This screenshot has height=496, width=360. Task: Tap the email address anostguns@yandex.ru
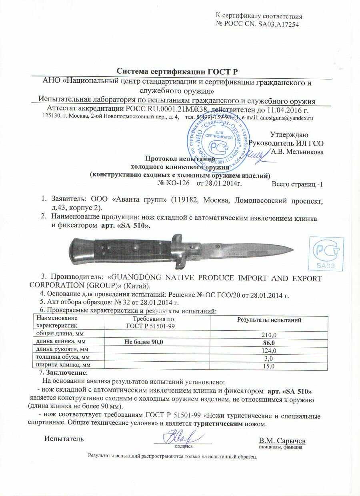pyautogui.click(x=286, y=118)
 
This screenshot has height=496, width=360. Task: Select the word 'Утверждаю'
pyautogui.click(x=289, y=134)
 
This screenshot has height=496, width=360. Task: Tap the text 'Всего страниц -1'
pyautogui.click(x=297, y=184)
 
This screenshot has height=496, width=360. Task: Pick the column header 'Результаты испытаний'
pyautogui.click(x=269, y=320)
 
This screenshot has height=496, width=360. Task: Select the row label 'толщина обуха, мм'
pyautogui.click(x=63, y=357)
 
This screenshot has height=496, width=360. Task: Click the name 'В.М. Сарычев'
pyautogui.click(x=282, y=440)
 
